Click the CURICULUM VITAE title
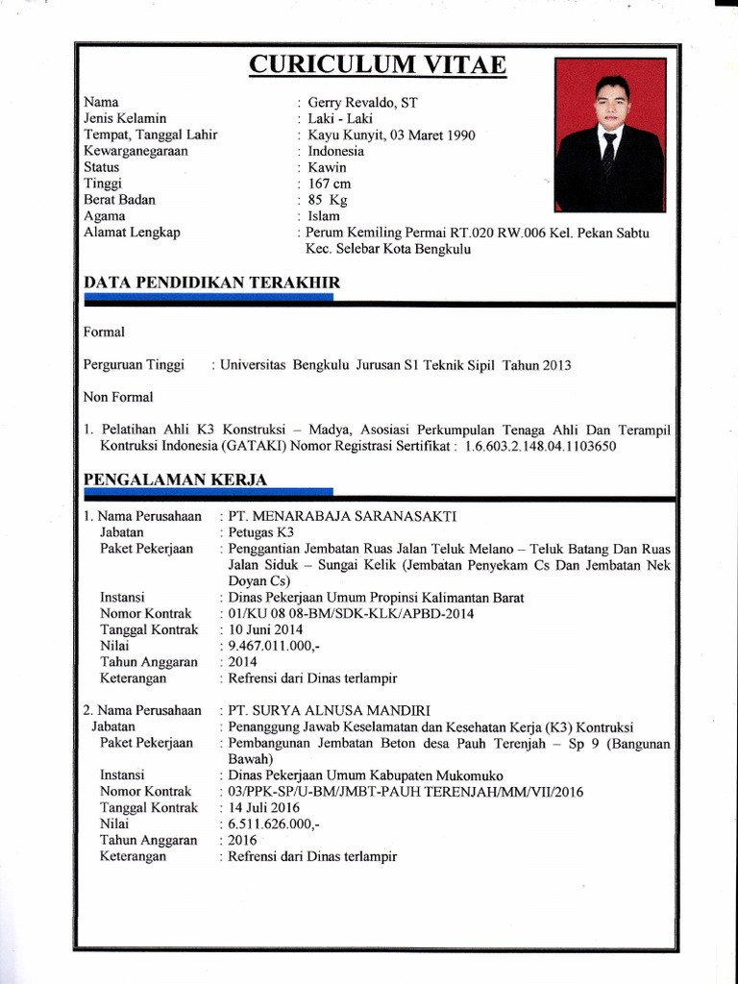tap(378, 64)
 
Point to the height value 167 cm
tap(330, 184)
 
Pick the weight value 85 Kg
tap(328, 200)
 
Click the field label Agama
tap(104, 216)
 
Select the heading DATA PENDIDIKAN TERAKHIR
tap(211, 282)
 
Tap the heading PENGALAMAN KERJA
tap(176, 479)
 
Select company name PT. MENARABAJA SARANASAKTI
tap(348, 516)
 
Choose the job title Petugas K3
tap(259, 532)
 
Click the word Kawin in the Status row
tap(327, 167)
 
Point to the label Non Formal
tap(118, 396)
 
